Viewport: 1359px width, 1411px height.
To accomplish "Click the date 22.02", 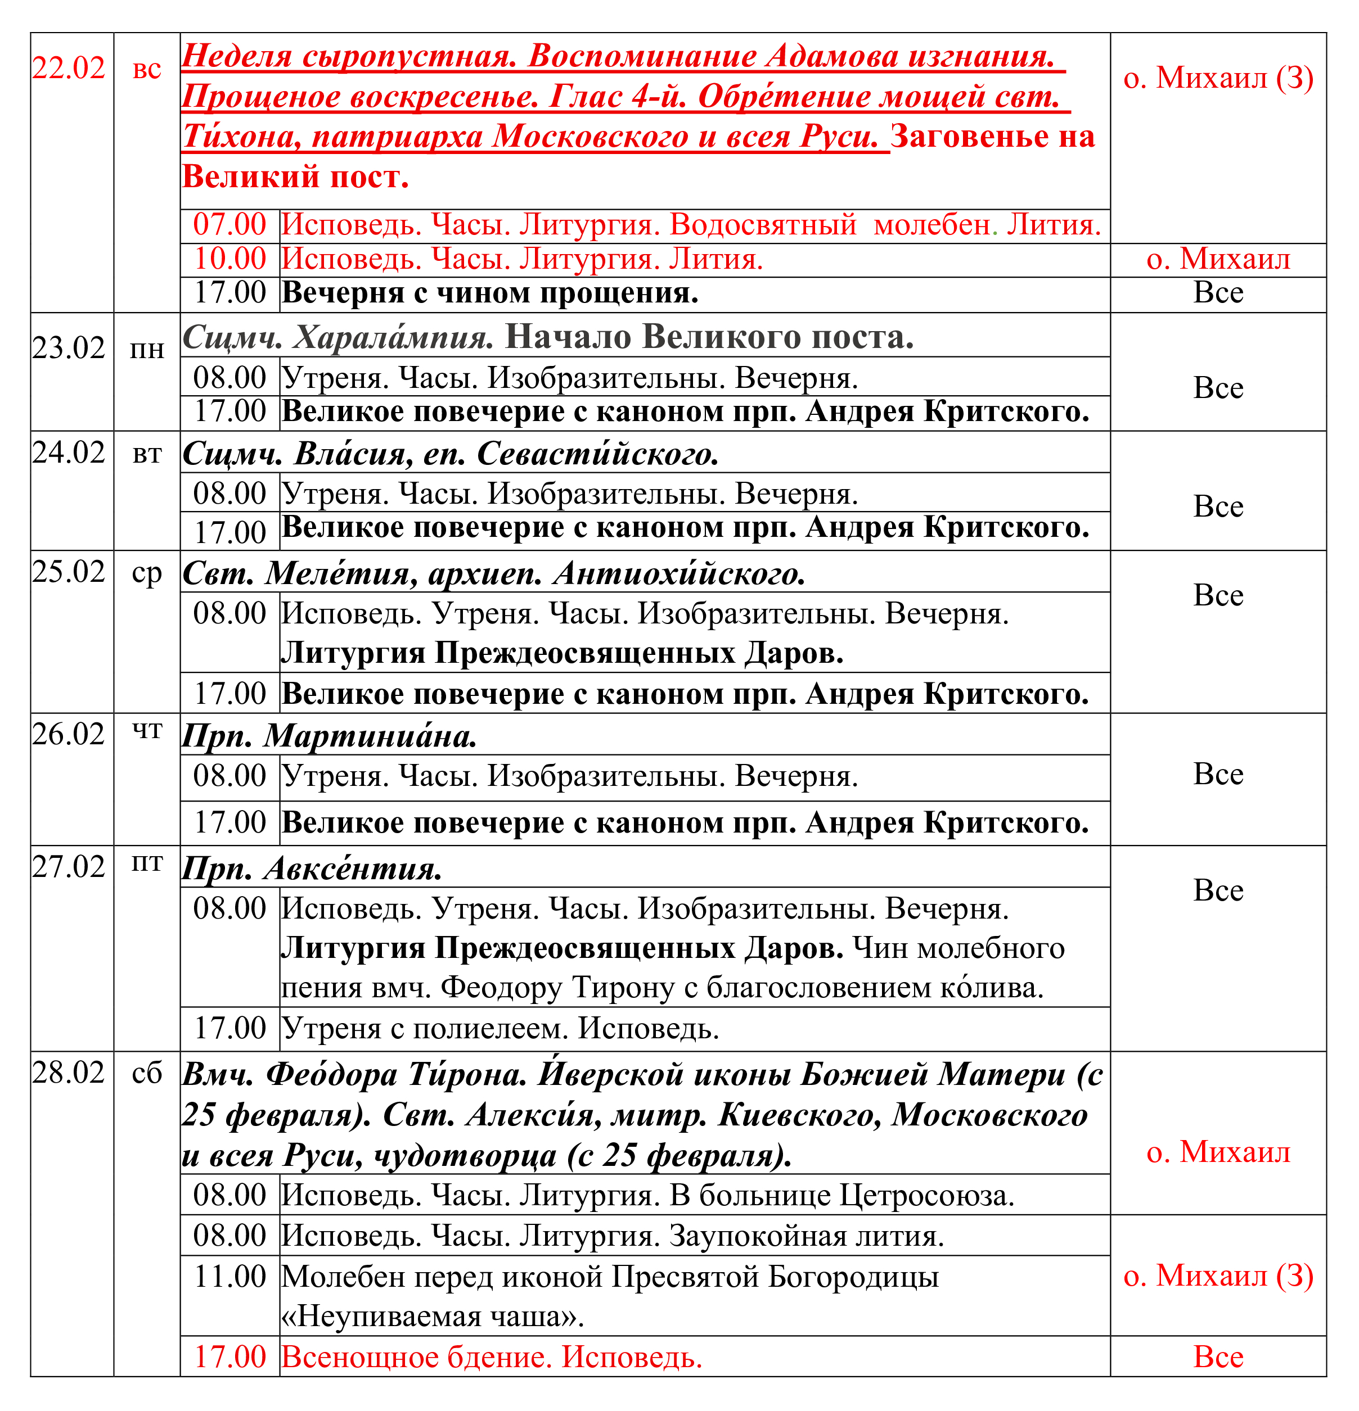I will [x=69, y=69].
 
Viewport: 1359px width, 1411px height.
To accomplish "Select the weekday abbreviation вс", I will [x=147, y=70].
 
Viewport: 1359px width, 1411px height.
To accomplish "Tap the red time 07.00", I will [x=229, y=225].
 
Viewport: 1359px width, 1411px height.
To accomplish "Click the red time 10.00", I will [x=229, y=259].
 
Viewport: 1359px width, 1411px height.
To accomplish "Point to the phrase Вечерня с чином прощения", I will [x=490, y=293].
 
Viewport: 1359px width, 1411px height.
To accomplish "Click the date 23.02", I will [x=69, y=349].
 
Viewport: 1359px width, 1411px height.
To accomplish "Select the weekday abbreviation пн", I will [x=147, y=350].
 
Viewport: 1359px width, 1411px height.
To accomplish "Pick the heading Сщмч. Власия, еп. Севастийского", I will [x=451, y=454].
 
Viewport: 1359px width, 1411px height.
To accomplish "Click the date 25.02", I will [x=69, y=572].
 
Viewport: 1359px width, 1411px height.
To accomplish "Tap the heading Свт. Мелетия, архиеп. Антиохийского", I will [x=494, y=574].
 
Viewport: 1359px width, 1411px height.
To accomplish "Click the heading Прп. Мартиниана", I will [x=329, y=736].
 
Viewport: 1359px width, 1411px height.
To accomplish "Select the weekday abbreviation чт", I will [x=147, y=731].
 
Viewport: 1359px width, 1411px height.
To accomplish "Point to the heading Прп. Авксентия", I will [x=312, y=869].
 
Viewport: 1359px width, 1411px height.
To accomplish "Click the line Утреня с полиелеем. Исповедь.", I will [x=501, y=1029].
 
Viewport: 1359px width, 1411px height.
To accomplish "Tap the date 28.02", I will [x=69, y=1073].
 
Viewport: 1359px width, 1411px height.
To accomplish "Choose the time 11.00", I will [x=229, y=1277].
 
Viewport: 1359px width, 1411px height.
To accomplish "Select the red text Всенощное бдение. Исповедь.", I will [x=492, y=1358].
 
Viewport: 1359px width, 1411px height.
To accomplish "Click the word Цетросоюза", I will [x=928, y=1196].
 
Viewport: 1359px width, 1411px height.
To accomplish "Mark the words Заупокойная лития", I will [x=807, y=1236].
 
